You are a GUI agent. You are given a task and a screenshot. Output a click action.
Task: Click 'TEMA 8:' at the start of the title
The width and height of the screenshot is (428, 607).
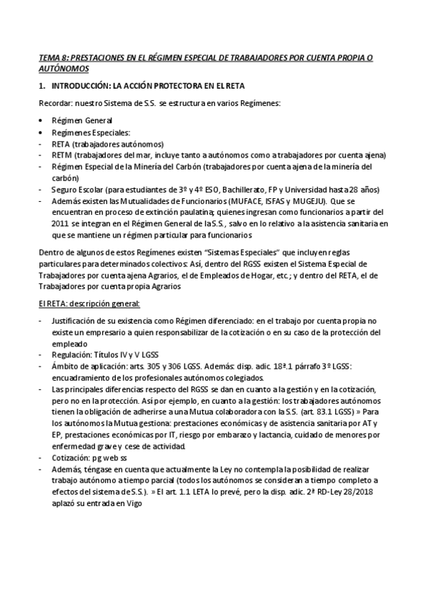(54, 57)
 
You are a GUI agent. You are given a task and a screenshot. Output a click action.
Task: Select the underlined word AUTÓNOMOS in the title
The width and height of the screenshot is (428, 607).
(64, 69)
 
